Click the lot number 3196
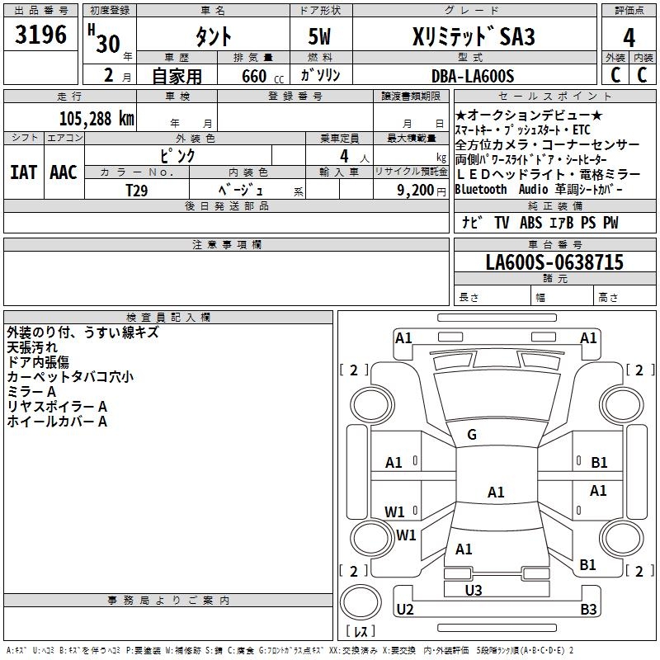pyautogui.click(x=41, y=35)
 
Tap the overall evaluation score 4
pyautogui.click(x=629, y=37)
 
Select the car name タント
pyautogui.click(x=213, y=37)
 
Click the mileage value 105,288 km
pyautogui.click(x=97, y=118)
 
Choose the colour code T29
pyautogui.click(x=137, y=190)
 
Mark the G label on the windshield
pyautogui.click(x=472, y=435)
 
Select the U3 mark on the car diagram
pyautogui.click(x=473, y=590)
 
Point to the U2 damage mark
pyautogui.click(x=405, y=610)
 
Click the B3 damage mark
pyautogui.click(x=588, y=610)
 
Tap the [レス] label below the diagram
pyautogui.click(x=361, y=632)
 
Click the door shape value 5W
pyautogui.click(x=321, y=37)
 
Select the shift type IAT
pyautogui.click(x=23, y=172)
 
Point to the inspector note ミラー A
pyautogui.click(x=31, y=392)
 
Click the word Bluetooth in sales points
pyautogui.click(x=481, y=189)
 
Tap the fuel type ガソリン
pyautogui.click(x=321, y=76)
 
